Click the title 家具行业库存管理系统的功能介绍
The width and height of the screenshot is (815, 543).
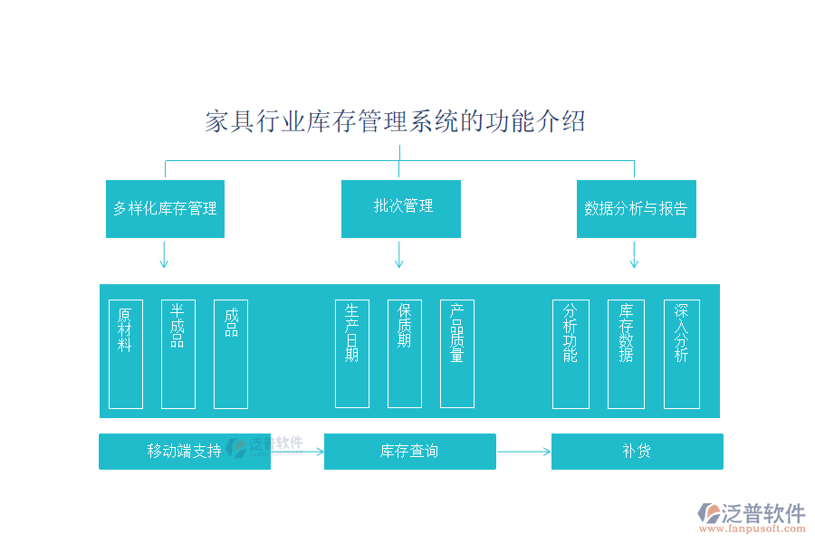click(x=396, y=121)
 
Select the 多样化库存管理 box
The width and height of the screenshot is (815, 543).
click(x=165, y=209)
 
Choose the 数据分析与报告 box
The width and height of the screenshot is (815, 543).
click(x=636, y=209)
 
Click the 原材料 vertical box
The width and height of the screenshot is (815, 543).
click(x=125, y=354)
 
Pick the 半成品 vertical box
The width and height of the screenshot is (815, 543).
click(x=177, y=354)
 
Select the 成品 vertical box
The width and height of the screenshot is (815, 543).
click(x=230, y=354)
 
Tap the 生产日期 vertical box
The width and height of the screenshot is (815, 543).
click(x=351, y=354)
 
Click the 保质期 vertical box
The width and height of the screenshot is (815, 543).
click(x=404, y=354)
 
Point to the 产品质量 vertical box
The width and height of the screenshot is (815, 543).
click(x=456, y=354)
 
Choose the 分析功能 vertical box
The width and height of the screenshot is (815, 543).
click(x=570, y=354)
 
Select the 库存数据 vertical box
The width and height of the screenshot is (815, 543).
click(x=626, y=354)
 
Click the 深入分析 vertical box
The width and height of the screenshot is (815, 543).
click(x=681, y=354)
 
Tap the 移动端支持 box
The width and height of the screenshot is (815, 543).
click(x=184, y=452)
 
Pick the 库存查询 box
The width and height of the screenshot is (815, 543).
click(x=409, y=452)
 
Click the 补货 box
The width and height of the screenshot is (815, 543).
click(x=637, y=452)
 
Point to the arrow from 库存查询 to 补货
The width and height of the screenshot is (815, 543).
click(x=523, y=452)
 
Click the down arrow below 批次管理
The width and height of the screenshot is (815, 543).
click(x=398, y=255)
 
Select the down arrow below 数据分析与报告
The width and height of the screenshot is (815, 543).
click(x=634, y=255)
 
